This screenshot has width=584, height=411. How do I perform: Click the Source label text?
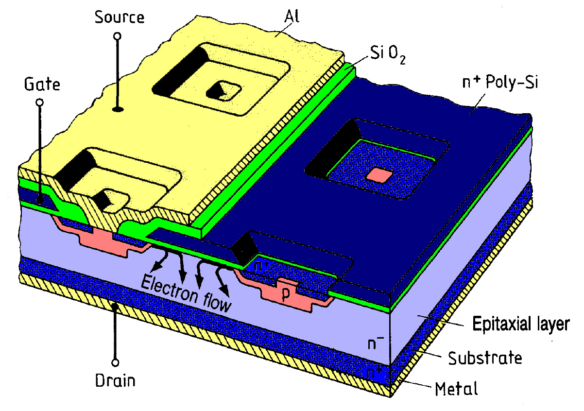coord(120,17)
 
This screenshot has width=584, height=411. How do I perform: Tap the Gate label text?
coord(42,85)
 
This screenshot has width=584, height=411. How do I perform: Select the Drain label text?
coord(115,381)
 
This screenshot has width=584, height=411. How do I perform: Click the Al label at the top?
coord(292,17)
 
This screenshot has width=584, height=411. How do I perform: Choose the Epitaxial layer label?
coord(521,324)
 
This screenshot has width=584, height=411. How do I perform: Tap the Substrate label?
coord(485,358)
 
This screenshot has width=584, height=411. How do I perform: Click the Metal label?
coord(456,389)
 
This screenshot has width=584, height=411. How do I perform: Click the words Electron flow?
coord(186,294)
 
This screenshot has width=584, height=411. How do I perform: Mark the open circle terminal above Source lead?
coord(118,36)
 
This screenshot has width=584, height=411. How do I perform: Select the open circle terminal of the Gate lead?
coord(40,103)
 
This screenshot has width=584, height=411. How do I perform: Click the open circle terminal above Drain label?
coord(115,363)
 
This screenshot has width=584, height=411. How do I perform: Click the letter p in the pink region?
coord(286,294)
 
